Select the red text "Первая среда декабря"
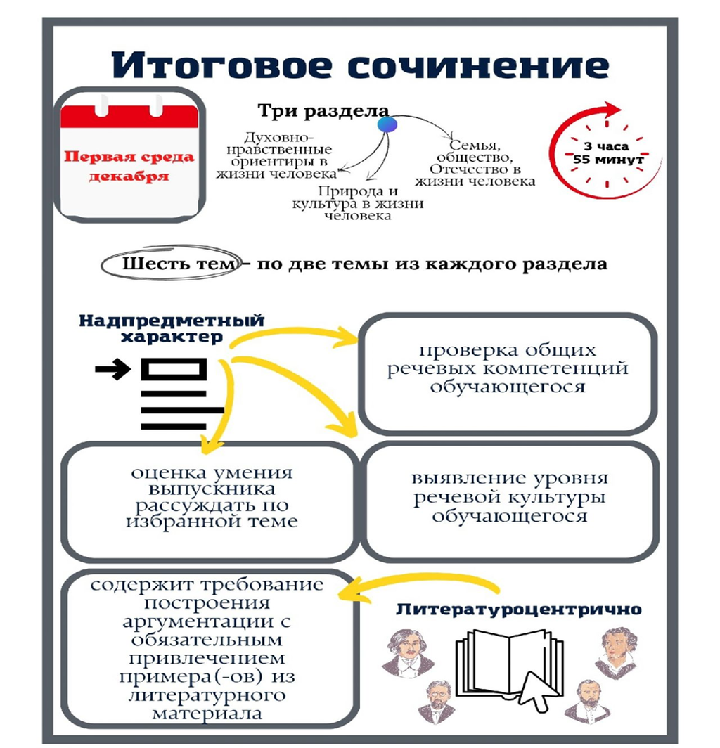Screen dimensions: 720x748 coord(129,166)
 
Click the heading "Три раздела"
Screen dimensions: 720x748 coord(323,110)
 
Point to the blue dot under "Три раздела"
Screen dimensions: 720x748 coord(387,124)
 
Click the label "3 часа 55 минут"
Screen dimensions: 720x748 coord(607,153)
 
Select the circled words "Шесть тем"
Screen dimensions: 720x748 coord(179,264)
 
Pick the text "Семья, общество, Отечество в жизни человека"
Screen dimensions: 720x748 coord(475,163)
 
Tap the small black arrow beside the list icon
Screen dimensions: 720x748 coord(113,369)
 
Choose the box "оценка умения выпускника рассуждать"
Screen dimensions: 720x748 coord(210,501)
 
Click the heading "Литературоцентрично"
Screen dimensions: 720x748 coord(519,610)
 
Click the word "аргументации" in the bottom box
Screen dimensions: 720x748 coord(207,623)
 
